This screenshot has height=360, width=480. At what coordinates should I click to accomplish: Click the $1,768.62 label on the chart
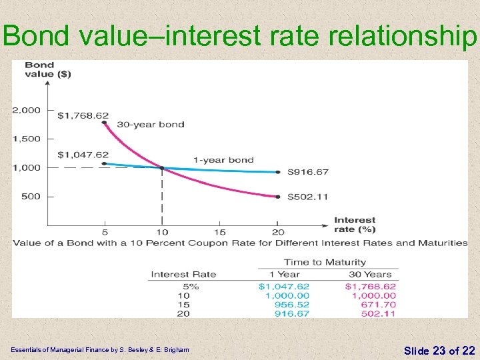click(83, 115)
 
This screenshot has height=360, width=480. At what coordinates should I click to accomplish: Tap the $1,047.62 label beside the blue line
click(83, 155)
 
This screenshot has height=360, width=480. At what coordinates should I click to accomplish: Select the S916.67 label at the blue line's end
click(308, 172)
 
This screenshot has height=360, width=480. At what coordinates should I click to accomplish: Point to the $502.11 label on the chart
click(308, 197)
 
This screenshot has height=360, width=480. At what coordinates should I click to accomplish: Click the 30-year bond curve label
click(151, 124)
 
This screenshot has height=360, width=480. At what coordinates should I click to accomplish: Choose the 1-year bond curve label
click(223, 160)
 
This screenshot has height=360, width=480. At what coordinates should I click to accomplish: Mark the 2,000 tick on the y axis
click(27, 110)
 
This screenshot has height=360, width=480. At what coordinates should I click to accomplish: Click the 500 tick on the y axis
click(31, 196)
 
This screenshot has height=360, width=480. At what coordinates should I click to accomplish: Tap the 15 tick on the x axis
click(219, 232)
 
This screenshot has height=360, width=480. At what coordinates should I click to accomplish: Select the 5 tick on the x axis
click(105, 232)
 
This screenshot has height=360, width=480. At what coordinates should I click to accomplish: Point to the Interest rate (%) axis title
click(355, 225)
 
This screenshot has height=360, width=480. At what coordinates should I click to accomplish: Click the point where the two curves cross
click(161, 167)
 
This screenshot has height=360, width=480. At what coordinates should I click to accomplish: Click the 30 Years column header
click(370, 274)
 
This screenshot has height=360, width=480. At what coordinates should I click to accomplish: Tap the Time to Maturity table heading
click(325, 262)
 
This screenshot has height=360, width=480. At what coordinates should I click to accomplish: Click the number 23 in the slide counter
click(439, 350)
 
